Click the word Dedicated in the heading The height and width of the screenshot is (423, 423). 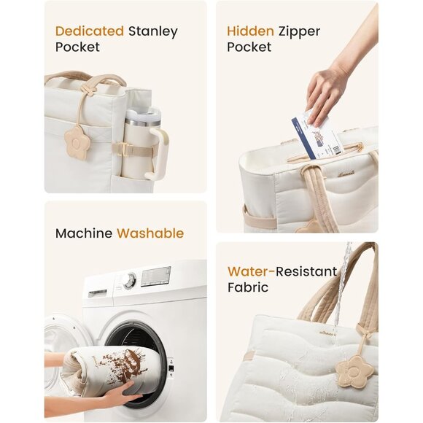[89, 31]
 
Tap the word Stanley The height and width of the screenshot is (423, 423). [153, 31]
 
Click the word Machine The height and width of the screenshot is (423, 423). [84, 233]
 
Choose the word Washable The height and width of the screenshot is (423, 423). [150, 233]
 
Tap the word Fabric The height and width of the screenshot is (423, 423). [248, 287]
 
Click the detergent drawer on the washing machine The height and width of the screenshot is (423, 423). [98, 292]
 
